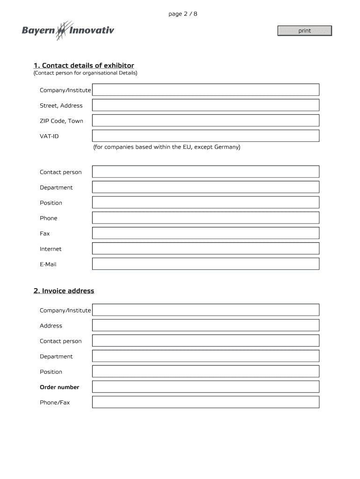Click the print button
pyautogui.click(x=304, y=31)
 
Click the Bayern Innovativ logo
pyautogui.click(x=68, y=31)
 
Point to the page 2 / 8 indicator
pyautogui.click(x=183, y=14)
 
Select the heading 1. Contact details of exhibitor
pyautogui.click(x=84, y=65)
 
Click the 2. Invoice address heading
pyautogui.click(x=64, y=291)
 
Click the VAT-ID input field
pyautogui.click(x=206, y=136)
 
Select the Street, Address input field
pyautogui.click(x=206, y=105)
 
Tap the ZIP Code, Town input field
pyautogui.click(x=206, y=121)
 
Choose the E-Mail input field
pyautogui.click(x=206, y=264)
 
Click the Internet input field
pyautogui.click(x=206, y=248)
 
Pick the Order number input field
pyautogui.click(x=206, y=387)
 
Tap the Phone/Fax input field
pyautogui.click(x=206, y=402)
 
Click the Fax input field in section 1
pyautogui.click(x=206, y=233)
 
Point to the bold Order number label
pyautogui.click(x=59, y=387)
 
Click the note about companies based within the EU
pyautogui.click(x=166, y=147)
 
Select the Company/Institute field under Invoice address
pyautogui.click(x=206, y=310)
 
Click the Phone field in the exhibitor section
pyautogui.click(x=206, y=218)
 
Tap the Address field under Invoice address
pyautogui.click(x=206, y=325)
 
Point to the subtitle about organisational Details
pyautogui.click(x=85, y=73)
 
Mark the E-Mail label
pyautogui.click(x=48, y=264)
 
